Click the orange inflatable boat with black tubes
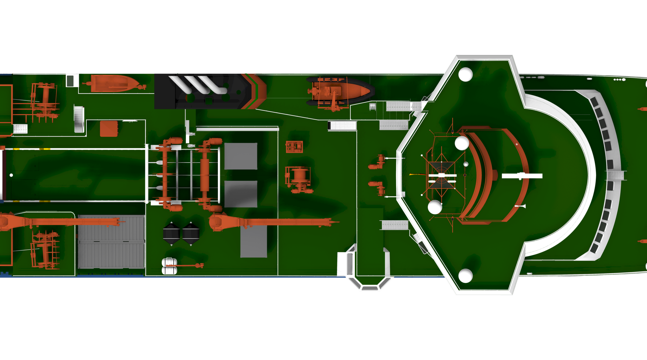(340, 92)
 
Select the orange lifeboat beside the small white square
(113, 83)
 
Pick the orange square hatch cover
(109, 129)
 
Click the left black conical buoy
(171, 233)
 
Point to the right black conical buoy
(191, 233)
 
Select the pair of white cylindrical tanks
(169, 266)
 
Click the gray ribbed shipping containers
(111, 242)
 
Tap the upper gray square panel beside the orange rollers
(241, 156)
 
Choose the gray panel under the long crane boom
(254, 242)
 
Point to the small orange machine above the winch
(294, 147)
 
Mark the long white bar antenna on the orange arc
(522, 176)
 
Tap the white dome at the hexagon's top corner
(466, 74)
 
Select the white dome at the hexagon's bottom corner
(466, 276)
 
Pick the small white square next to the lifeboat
(72, 80)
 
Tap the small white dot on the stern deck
(11, 175)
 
